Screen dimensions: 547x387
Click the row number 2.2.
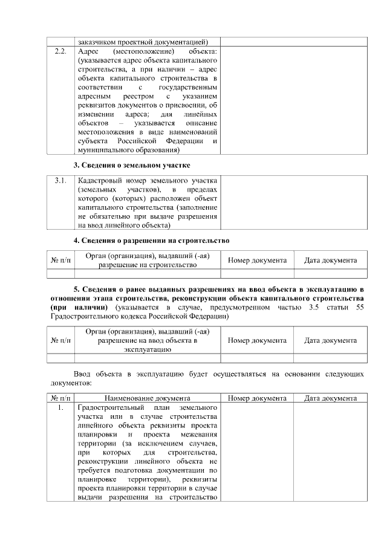[x=59, y=52]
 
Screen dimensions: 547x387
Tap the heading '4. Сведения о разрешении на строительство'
[x=151, y=241]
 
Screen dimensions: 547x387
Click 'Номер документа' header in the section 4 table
[x=257, y=261]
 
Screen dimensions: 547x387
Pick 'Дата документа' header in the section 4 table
[x=330, y=261]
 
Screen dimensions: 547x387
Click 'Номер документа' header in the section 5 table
[x=257, y=341]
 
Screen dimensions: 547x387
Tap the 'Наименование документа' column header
[x=147, y=398]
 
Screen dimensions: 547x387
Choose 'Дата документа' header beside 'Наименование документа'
[x=330, y=398]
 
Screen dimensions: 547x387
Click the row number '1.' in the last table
[x=60, y=408]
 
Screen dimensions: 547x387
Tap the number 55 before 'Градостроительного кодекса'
[x=360, y=307]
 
